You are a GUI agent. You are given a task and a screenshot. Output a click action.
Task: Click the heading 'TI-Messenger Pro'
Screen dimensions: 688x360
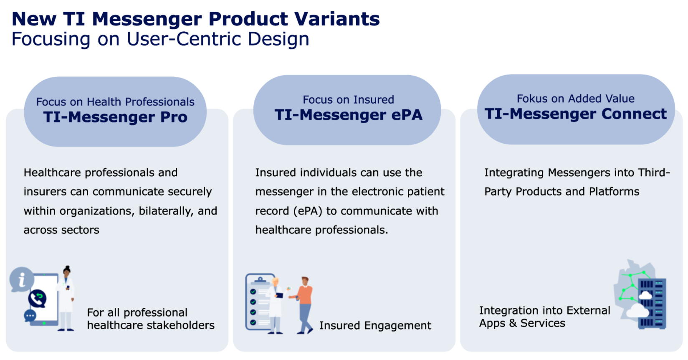click(x=115, y=117)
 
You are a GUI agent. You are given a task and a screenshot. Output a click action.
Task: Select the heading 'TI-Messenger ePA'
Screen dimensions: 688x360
click(x=348, y=115)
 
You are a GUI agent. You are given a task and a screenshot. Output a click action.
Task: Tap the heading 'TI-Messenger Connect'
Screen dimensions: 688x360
click(x=576, y=114)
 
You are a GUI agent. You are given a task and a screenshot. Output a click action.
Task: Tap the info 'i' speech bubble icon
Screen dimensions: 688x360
click(x=22, y=279)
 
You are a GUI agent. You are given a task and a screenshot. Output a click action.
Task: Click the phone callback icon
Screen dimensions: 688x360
click(x=38, y=299)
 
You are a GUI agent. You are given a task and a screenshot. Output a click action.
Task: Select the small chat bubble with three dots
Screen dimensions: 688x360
click(x=30, y=316)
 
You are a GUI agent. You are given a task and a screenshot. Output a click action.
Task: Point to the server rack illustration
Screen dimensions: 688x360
click(x=652, y=304)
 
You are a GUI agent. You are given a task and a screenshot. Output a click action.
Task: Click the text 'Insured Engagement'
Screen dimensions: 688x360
click(x=375, y=325)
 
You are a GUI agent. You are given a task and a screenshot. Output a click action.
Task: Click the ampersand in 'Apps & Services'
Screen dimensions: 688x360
click(x=512, y=323)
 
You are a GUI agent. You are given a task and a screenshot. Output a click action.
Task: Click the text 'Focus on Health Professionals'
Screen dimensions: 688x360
click(x=115, y=101)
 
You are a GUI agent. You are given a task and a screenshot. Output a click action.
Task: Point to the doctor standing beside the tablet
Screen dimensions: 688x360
click(x=66, y=298)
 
